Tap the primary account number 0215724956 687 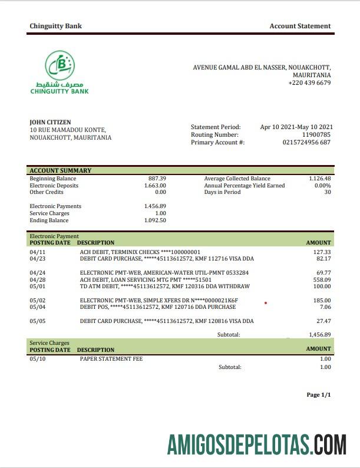(x=306, y=143)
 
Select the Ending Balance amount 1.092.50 (x=155, y=220)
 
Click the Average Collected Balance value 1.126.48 (x=320, y=179)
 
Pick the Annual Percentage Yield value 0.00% (x=322, y=186)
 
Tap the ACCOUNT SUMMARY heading (x=61, y=171)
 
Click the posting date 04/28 (x=37, y=280)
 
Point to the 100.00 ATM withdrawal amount (x=321, y=287)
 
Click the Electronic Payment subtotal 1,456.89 (x=320, y=335)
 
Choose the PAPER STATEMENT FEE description (x=111, y=359)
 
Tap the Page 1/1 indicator (x=319, y=395)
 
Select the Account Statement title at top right (x=300, y=26)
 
